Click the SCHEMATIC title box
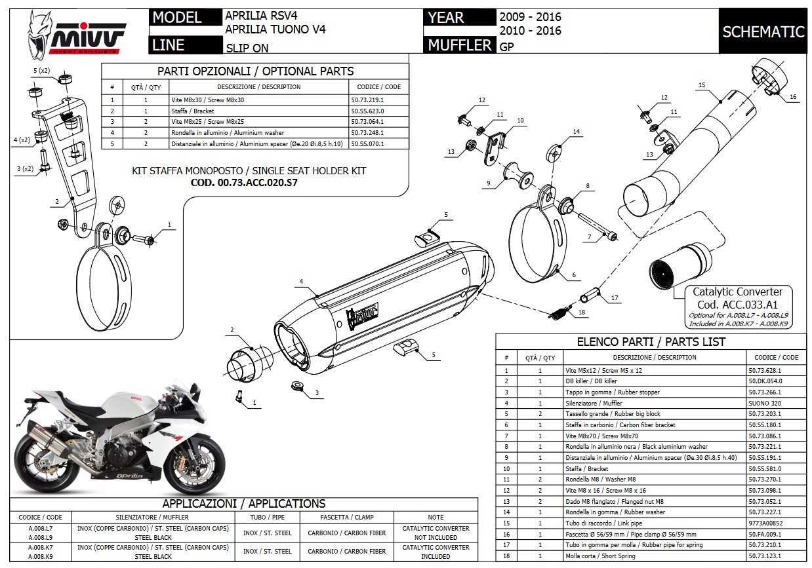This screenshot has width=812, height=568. pos(763,31)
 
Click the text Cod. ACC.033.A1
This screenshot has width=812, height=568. pos(737,305)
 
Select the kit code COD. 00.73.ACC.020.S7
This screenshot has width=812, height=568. pos(244,183)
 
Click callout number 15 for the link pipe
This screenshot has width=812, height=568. pos(702,85)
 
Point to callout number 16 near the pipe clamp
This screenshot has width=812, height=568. pos(792,97)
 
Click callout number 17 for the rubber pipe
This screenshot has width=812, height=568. pos(615,298)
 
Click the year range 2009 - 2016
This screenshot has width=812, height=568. pos(530,17)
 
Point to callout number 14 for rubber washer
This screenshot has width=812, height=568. pos(577,132)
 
